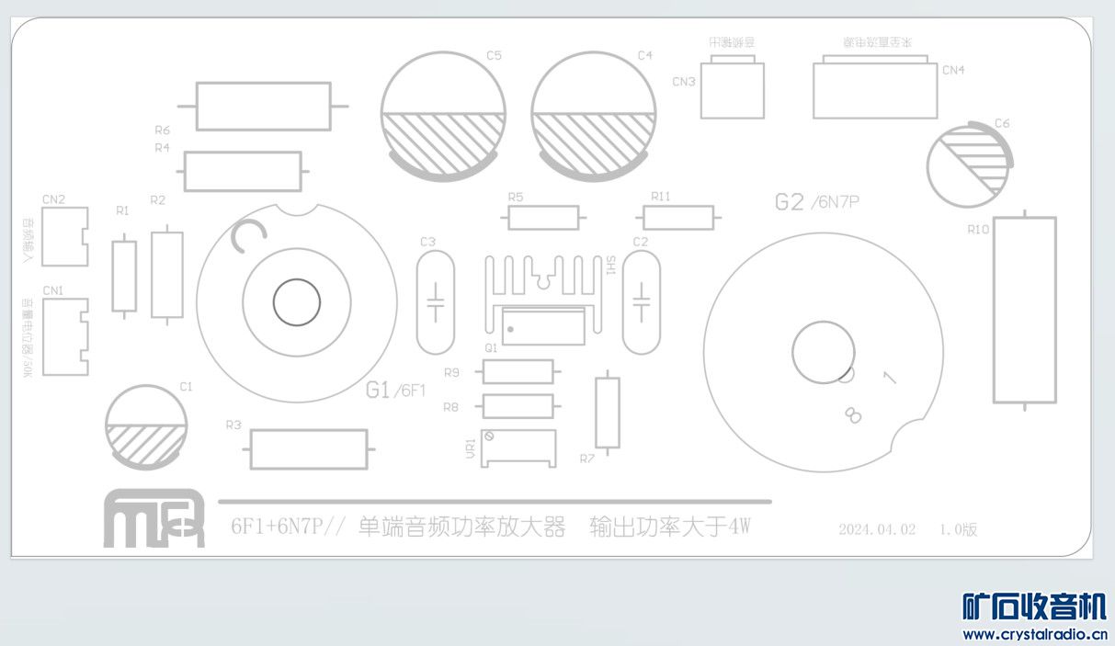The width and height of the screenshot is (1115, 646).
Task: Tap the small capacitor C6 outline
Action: click(967, 166)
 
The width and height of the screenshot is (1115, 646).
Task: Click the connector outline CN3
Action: click(732, 89)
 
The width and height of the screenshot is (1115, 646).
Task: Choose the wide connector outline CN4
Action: click(874, 89)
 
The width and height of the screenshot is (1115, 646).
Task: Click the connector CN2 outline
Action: click(64, 236)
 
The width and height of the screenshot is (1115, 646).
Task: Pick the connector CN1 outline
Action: click(64, 336)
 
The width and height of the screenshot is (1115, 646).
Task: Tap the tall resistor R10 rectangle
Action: click(1024, 310)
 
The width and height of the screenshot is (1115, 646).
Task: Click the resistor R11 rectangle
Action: click(678, 218)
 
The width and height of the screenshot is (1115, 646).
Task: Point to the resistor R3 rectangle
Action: click(308, 449)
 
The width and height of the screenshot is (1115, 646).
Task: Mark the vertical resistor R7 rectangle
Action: click(607, 412)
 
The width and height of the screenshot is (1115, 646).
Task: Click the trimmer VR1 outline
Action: click(518, 448)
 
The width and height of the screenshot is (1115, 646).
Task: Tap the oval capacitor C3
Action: click(436, 303)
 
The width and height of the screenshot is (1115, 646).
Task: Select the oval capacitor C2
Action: click(641, 303)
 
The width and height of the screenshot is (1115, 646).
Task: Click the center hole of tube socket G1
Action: click(297, 302)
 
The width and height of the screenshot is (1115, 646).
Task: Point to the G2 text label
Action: click(790, 202)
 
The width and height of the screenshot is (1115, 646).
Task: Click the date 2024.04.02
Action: click(877, 529)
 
